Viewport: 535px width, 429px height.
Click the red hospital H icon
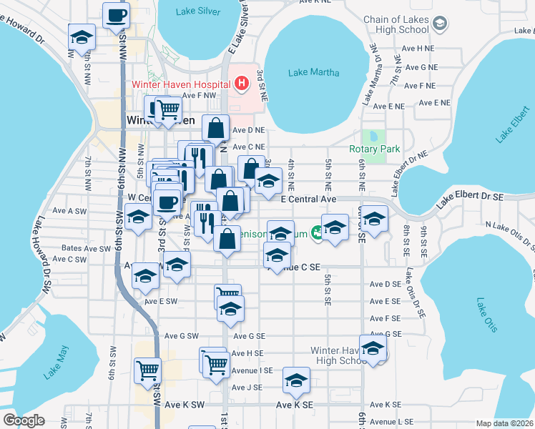coord(241,84)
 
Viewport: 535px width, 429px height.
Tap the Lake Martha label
coord(314,72)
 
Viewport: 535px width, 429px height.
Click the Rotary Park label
coord(374,149)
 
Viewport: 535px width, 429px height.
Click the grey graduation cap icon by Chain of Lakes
coord(439,24)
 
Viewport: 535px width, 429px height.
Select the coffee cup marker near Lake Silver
coord(116,14)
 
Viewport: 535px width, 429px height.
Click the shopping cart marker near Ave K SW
coord(147,370)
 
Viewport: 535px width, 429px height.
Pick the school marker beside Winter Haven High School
coord(373,347)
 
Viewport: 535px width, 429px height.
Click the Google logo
coord(24,420)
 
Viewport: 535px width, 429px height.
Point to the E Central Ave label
coord(308,199)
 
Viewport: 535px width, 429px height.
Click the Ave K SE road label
coord(295,405)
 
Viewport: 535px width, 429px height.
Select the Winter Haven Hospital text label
coord(181,84)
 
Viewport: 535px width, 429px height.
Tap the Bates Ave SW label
coord(81,248)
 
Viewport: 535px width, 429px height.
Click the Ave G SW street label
coord(181,335)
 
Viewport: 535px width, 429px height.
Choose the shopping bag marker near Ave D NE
coord(215,128)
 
